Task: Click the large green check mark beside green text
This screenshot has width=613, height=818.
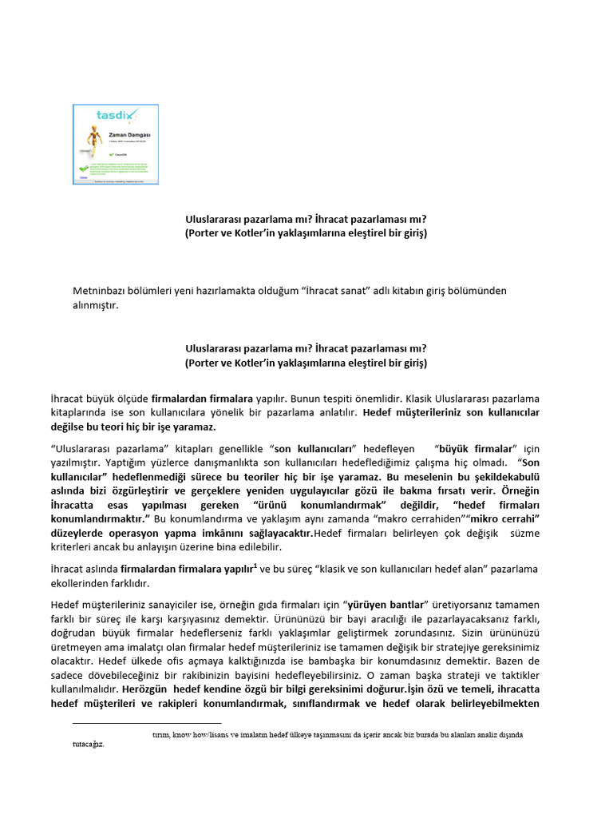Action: [x=85, y=169]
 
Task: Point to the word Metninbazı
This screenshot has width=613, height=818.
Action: [x=101, y=291]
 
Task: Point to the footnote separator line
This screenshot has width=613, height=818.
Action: [x=147, y=723]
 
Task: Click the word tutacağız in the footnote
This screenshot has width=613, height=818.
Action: [x=88, y=744]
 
